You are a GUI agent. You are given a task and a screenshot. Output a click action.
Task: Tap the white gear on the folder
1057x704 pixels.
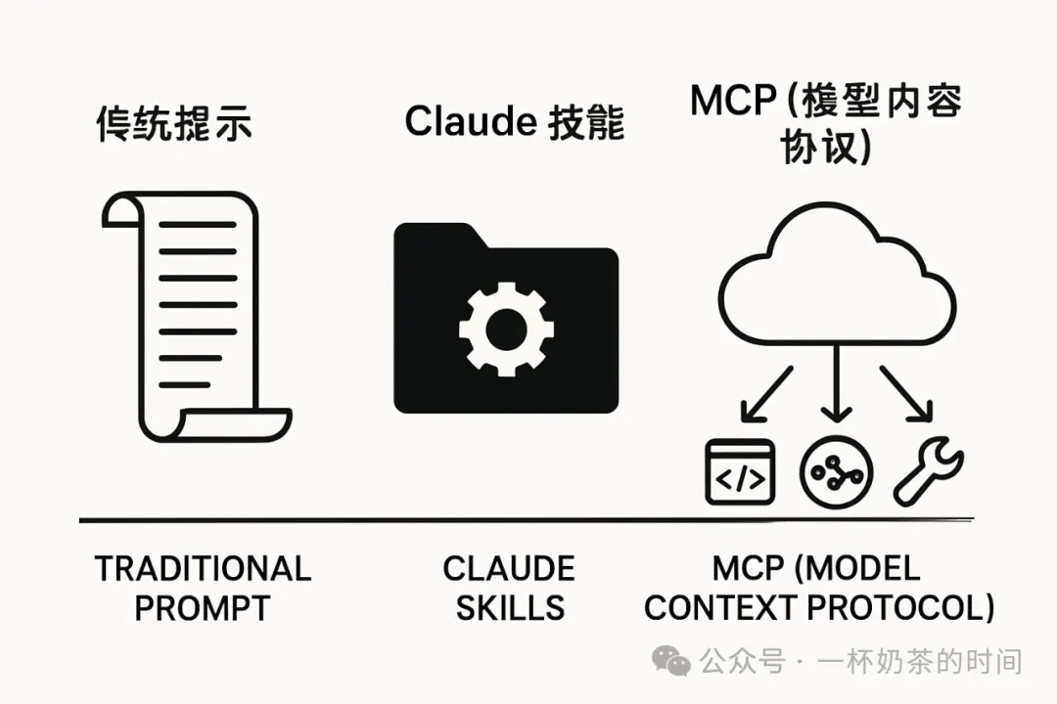(506, 327)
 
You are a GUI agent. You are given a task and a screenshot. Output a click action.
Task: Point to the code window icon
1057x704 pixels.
(739, 471)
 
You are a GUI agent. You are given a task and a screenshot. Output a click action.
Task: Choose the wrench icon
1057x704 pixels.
(929, 472)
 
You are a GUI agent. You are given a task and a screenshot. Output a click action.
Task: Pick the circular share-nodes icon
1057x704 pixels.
(833, 472)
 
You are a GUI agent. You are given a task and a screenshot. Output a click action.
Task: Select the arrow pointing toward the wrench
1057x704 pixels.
(902, 394)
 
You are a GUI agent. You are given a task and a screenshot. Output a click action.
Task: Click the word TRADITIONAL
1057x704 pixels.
(203, 568)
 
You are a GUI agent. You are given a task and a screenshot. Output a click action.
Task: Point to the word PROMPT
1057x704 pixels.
(203, 607)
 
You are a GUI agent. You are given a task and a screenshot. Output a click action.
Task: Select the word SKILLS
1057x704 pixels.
(510, 607)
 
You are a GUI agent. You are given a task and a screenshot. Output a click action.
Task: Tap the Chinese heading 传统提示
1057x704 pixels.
(174, 125)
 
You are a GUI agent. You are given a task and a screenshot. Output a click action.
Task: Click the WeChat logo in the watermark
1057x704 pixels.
(671, 662)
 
